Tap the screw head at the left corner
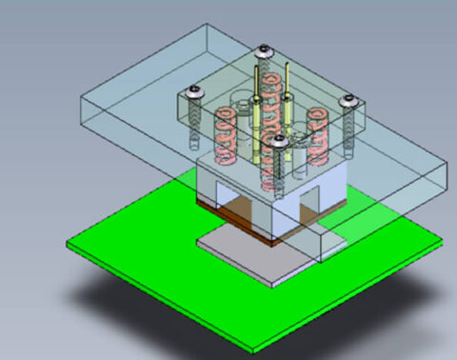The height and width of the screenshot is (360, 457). (196, 92)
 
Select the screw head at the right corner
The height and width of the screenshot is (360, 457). (348, 100)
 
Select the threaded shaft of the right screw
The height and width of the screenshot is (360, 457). (350, 133)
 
